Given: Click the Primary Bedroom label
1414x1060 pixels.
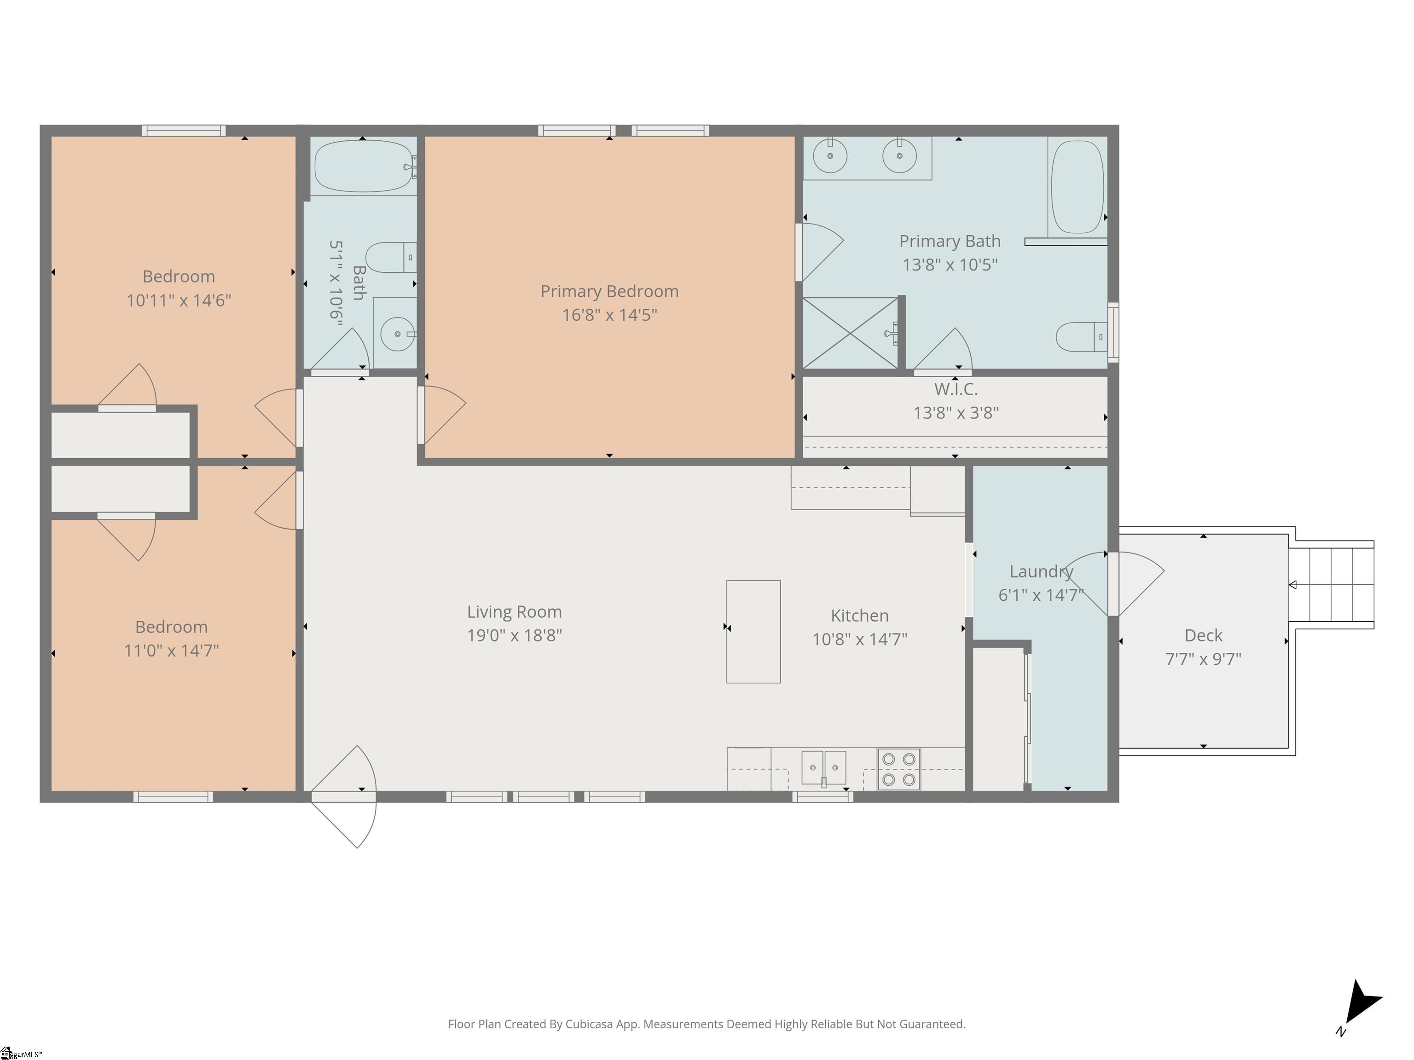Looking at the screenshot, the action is (x=609, y=291).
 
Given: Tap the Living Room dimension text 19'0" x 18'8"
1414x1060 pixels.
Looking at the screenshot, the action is (x=515, y=635).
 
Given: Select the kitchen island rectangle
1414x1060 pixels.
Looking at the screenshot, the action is (x=753, y=631).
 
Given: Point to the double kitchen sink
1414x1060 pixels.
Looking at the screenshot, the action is (x=823, y=768).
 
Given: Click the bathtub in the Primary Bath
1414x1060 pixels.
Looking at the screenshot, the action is (x=1078, y=187).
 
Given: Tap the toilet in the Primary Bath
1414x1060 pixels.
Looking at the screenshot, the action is (x=1081, y=337).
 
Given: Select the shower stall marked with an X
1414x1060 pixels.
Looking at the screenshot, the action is (x=850, y=333).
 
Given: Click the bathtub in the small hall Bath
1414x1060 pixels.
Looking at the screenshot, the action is (x=364, y=166).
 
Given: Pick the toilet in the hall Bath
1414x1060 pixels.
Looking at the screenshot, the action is (x=391, y=258).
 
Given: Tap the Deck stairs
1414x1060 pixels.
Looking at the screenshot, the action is (x=1331, y=585).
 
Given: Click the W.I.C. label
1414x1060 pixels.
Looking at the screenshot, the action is (x=956, y=389).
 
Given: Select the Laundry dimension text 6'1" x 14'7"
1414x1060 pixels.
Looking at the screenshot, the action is (x=1041, y=595).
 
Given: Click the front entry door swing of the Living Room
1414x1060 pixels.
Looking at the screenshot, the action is (x=344, y=797).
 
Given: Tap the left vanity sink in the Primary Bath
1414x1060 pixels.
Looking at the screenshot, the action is (x=830, y=155).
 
